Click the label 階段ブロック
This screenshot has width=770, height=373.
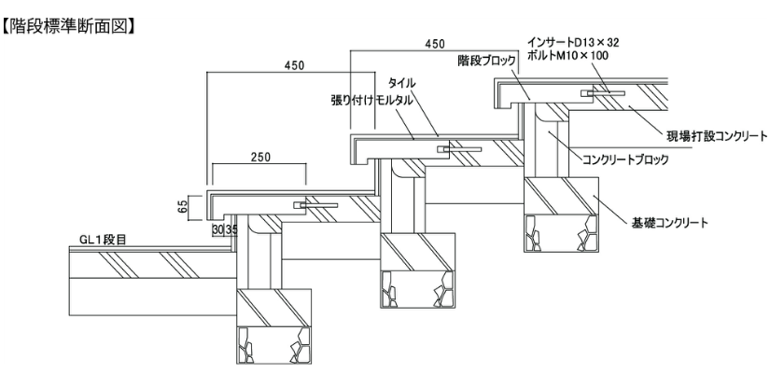(x=486, y=61)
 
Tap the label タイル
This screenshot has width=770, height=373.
(x=401, y=82)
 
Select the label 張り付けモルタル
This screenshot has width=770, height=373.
(x=371, y=101)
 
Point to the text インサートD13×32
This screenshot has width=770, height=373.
(x=573, y=43)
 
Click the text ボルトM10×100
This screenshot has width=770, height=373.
(x=567, y=55)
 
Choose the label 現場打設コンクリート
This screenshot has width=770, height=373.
(x=716, y=135)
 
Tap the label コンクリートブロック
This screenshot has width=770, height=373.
(x=625, y=159)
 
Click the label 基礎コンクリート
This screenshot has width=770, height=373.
(x=670, y=223)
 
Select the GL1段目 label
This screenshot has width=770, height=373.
(x=103, y=240)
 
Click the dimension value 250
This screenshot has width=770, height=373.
(x=260, y=157)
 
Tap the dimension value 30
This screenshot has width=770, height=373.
(x=218, y=229)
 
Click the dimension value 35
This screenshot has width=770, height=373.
(x=231, y=229)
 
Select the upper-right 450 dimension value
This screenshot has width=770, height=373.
(x=435, y=44)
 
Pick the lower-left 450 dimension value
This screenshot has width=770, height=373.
(x=294, y=65)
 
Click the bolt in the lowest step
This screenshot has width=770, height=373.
(x=315, y=205)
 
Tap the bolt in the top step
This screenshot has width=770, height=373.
(x=603, y=92)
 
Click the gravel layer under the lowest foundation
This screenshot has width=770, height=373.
(x=273, y=345)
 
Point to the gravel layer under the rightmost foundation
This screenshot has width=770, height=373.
(x=561, y=234)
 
